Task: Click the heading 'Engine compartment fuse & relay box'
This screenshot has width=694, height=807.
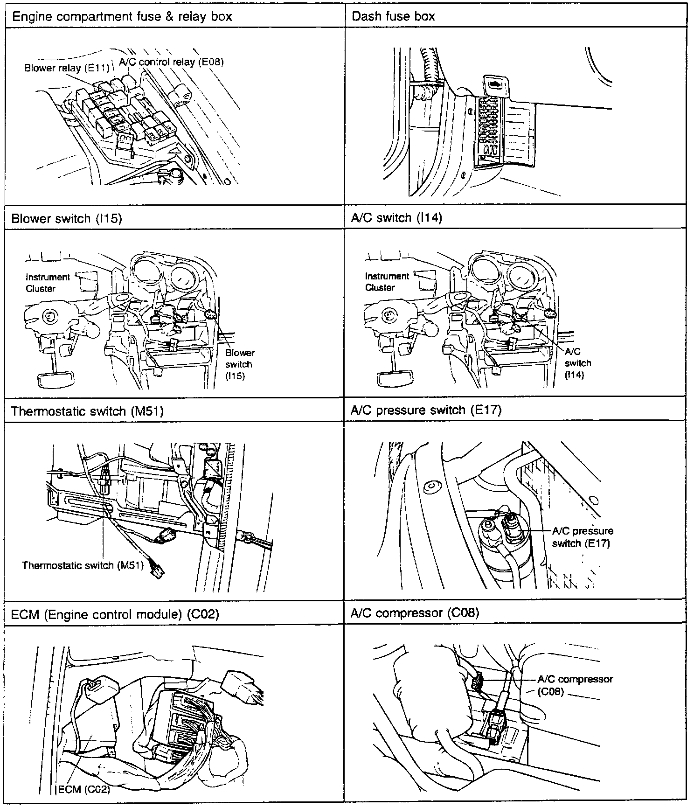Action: click(x=122, y=17)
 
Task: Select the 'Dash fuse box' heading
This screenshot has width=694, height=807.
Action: click(x=393, y=17)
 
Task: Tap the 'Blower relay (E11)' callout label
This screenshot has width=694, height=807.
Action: click(x=66, y=69)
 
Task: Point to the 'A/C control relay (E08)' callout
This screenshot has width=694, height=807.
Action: click(x=171, y=62)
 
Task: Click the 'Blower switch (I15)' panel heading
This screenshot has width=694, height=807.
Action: click(x=66, y=219)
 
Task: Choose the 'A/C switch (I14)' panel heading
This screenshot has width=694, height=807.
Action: click(x=396, y=218)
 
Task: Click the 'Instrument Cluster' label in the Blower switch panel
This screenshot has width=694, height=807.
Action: click(x=47, y=283)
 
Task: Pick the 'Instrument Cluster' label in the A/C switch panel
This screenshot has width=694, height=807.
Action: click(x=387, y=282)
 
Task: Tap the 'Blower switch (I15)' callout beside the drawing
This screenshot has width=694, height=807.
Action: click(x=240, y=364)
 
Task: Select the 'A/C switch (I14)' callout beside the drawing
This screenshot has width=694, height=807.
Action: click(x=577, y=363)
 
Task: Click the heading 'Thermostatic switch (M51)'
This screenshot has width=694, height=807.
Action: click(x=87, y=411)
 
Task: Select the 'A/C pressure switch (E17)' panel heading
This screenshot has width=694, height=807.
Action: click(x=425, y=410)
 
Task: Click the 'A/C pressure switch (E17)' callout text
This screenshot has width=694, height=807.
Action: click(x=582, y=537)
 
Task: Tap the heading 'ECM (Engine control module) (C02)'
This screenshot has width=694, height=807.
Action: click(x=115, y=614)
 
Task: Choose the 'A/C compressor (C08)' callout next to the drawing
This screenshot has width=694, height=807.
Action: click(x=575, y=685)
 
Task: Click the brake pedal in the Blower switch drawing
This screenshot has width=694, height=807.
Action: click(x=56, y=378)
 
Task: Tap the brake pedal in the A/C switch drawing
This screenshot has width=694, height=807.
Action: click(x=395, y=377)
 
